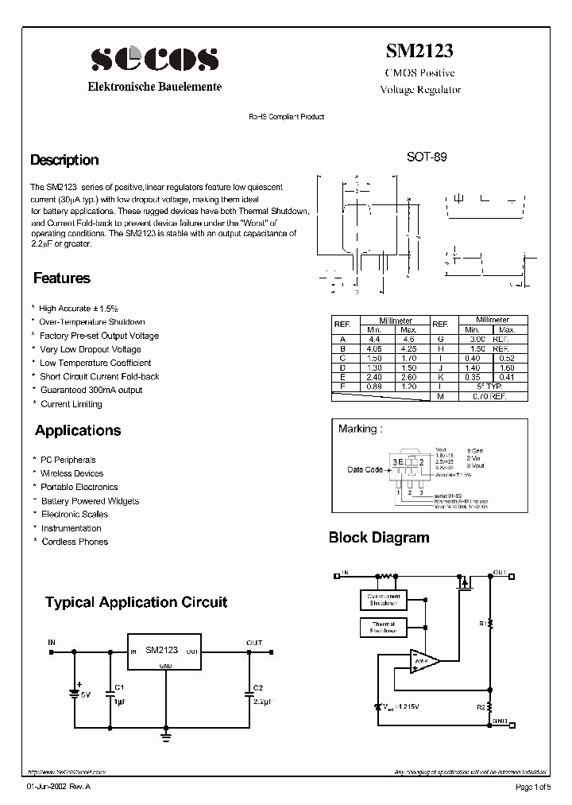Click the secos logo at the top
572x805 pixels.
coord(154,58)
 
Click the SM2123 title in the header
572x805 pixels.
coord(419,51)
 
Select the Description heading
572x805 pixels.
coord(64,160)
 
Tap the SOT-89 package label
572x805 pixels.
coord(427,157)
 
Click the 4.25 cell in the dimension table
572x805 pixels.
coord(408,348)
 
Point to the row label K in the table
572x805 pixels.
coord(440,376)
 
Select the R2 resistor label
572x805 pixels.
coord(481,706)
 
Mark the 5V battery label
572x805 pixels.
coord(86,694)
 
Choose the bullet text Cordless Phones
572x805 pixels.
coord(74,542)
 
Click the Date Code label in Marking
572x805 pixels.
coord(365,469)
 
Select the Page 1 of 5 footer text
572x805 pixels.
coord(533,787)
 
